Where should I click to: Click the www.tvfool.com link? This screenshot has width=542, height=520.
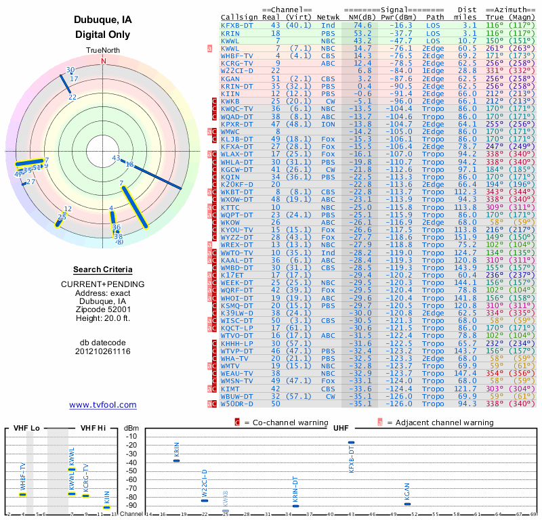[x=103, y=405]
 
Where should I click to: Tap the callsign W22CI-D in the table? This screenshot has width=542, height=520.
[x=237, y=70]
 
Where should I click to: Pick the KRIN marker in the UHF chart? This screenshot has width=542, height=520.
[x=177, y=460]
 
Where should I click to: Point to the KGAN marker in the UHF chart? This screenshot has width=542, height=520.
[x=407, y=504]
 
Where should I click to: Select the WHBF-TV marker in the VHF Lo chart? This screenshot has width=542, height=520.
[x=22, y=494]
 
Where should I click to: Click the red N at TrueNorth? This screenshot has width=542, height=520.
[x=104, y=60]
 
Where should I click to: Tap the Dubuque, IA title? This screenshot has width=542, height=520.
[x=103, y=20]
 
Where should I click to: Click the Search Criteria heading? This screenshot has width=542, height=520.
[x=103, y=269]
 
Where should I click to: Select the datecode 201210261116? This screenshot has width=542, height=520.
[x=103, y=351]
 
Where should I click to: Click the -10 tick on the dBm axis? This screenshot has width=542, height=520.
[x=131, y=436]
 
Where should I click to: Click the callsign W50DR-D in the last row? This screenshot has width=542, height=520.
[x=237, y=404]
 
